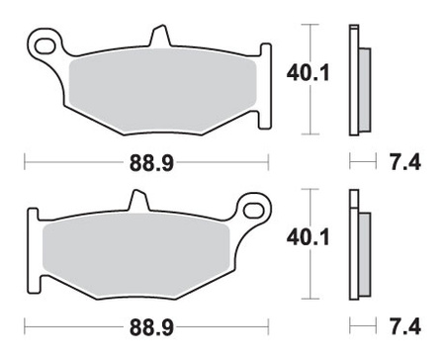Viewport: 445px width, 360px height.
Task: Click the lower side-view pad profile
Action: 358,247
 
